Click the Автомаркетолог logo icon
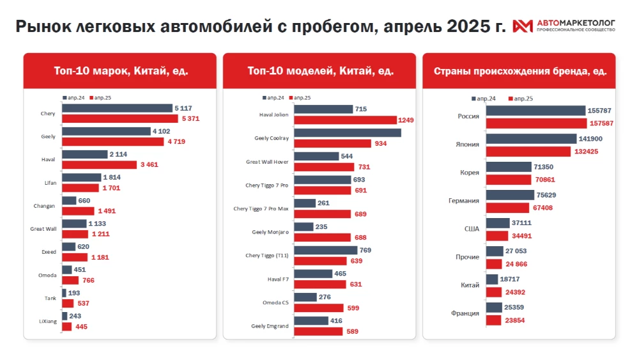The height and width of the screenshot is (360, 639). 523,26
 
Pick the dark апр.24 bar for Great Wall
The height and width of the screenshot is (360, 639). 74,224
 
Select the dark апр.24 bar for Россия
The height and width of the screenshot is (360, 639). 535,111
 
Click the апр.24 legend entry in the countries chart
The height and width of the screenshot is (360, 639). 483,98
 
